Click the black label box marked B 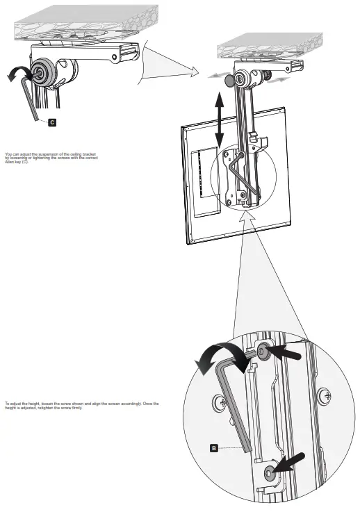coord(214,448)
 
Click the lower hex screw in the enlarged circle coord(270,474)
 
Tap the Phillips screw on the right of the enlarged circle coord(325,398)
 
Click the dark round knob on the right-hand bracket coord(229,81)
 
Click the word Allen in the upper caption coord(10,161)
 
